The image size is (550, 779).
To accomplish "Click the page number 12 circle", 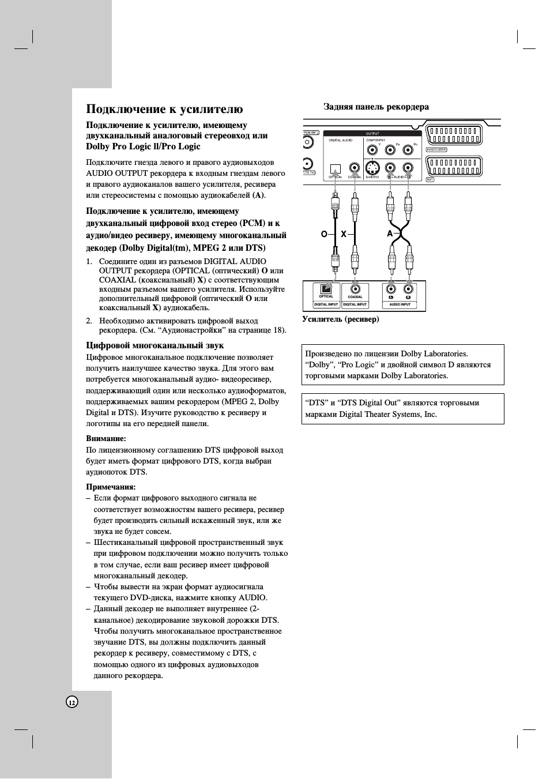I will point(72,702).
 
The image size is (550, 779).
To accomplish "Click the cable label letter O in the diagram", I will point(324,234).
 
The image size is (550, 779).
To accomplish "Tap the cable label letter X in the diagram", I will point(344,234).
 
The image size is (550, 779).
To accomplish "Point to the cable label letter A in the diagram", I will point(390,234).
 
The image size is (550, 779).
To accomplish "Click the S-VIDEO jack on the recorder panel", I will point(372,168).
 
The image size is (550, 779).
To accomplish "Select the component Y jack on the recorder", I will point(372,150).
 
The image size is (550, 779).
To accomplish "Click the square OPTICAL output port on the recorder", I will point(335,169).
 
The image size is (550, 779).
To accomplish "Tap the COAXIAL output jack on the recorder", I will point(354,168).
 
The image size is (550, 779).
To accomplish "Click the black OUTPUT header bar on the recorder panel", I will point(372,134).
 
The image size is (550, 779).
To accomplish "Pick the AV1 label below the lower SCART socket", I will point(430,180).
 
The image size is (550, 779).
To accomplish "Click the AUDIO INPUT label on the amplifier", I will point(400,304).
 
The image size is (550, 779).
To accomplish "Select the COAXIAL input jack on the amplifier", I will point(355,289).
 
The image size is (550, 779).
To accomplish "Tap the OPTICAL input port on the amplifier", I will point(326,288).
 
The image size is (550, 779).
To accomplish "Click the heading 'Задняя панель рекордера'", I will point(376,107).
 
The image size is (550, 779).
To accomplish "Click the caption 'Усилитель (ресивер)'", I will point(341,319).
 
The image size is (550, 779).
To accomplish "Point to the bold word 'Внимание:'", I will point(106,439).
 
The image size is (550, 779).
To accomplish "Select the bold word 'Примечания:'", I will point(111,487).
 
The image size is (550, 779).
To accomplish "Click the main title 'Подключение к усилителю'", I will point(164,109).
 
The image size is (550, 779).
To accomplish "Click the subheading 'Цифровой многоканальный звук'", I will point(155,345).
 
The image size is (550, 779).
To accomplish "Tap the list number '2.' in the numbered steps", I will point(89,321).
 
